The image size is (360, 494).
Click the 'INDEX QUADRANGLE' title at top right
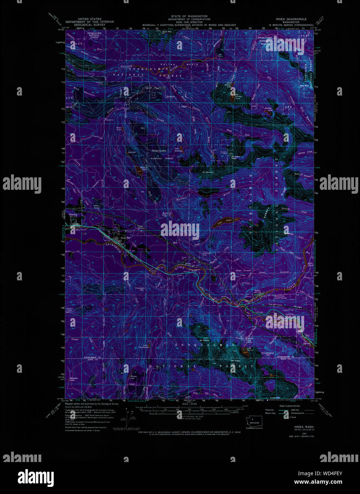(x=291, y=19)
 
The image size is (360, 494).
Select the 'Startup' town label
(x=73, y=215)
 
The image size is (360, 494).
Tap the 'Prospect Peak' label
(x=236, y=157)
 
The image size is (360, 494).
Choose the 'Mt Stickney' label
(x=208, y=172)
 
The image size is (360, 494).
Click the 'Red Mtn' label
(x=304, y=86)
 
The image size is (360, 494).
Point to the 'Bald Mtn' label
(x=167, y=32)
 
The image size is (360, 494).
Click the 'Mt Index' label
(x=235, y=361)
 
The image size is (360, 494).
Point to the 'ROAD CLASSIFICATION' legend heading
(x=289, y=406)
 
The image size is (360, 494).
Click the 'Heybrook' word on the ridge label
(x=275, y=305)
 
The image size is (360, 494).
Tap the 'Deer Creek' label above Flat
(x=243, y=271)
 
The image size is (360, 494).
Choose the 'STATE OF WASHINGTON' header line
(x=189, y=16)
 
